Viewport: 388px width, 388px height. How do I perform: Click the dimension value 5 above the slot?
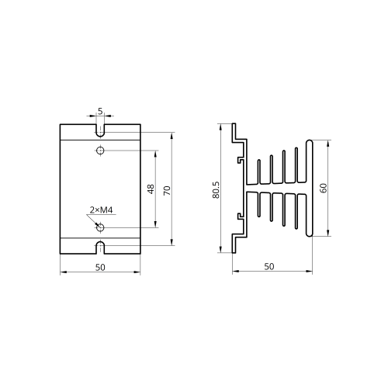100,111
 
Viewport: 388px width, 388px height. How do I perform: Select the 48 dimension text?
151,189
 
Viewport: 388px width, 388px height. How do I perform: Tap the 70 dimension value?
168,190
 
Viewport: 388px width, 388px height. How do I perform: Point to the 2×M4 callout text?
101,210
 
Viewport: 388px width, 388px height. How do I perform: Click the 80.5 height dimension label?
216,190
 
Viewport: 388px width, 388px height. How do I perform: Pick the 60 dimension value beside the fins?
324,188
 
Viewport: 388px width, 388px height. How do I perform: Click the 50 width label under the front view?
100,267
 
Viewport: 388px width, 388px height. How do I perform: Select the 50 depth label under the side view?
269,267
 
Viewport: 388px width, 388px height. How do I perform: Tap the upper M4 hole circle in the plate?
100,150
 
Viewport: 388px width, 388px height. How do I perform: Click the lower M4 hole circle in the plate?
100,227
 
